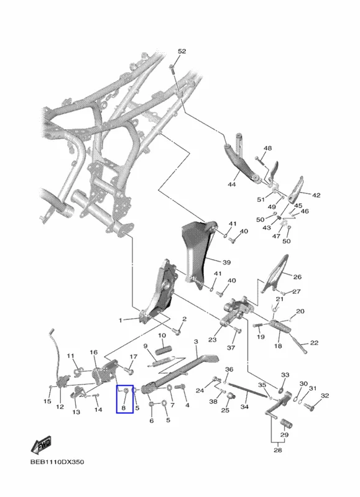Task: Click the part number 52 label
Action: [182, 52]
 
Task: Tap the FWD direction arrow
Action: [41, 445]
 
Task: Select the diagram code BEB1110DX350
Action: [57, 462]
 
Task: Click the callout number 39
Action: [226, 262]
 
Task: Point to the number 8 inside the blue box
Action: [123, 408]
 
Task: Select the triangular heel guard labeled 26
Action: [275, 273]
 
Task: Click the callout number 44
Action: [232, 184]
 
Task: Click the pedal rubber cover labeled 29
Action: [286, 424]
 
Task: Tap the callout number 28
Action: [277, 450]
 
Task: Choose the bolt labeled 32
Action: [309, 406]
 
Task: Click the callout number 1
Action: [120, 321]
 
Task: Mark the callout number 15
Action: [47, 401]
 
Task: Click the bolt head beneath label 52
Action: [171, 66]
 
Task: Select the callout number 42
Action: [316, 195]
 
